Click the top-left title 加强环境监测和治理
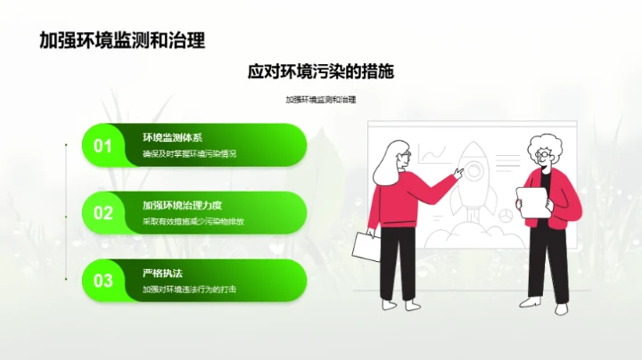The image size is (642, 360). click(122, 41)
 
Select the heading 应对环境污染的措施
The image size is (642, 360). click(320, 72)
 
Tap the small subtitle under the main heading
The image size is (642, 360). click(320, 99)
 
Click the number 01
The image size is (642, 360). click(103, 146)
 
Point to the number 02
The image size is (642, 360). click(103, 213)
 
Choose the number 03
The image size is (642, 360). click(103, 281)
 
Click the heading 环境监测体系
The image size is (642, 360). click(173, 137)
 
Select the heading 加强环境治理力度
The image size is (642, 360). click(182, 205)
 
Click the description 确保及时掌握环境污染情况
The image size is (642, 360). click(189, 154)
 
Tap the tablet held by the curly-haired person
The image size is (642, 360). click(532, 202)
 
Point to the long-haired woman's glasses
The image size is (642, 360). click(405, 156)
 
